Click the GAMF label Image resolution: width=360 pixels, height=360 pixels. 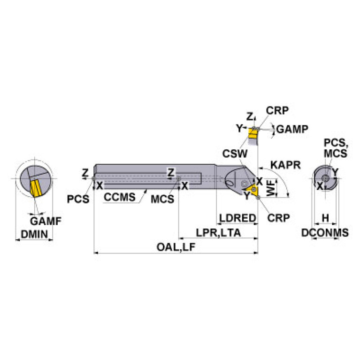tap(46, 221)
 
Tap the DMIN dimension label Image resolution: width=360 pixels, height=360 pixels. tap(34, 233)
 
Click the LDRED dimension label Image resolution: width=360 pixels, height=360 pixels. tap(237, 218)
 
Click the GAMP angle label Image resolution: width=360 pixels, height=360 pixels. tap(291, 129)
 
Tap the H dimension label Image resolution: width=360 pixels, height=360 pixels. tap(324, 218)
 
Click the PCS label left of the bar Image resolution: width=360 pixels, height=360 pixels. tap(77, 199)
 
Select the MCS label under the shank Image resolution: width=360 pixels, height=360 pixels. tap(162, 199)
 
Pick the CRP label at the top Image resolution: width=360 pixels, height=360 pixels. tap(277, 110)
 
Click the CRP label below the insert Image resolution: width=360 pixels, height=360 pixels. tap(278, 217)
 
